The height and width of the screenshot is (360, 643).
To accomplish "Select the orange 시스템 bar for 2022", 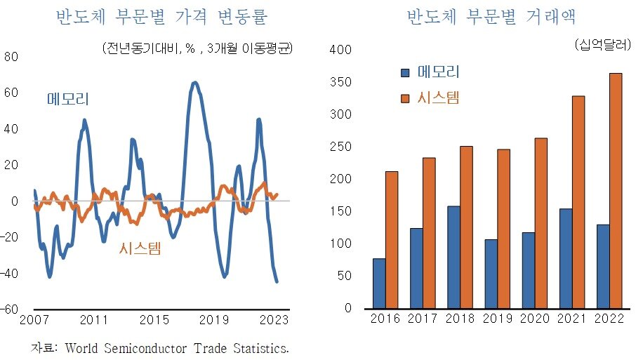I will [615, 190].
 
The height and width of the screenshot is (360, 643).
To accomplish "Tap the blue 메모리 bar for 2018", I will [453, 257].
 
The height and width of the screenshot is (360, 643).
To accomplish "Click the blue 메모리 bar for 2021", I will [565, 258].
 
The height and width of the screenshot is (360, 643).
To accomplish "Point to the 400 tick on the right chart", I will [340, 51].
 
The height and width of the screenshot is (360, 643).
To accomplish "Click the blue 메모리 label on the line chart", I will [67, 99].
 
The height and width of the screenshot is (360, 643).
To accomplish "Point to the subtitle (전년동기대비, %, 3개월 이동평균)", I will [197, 48].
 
